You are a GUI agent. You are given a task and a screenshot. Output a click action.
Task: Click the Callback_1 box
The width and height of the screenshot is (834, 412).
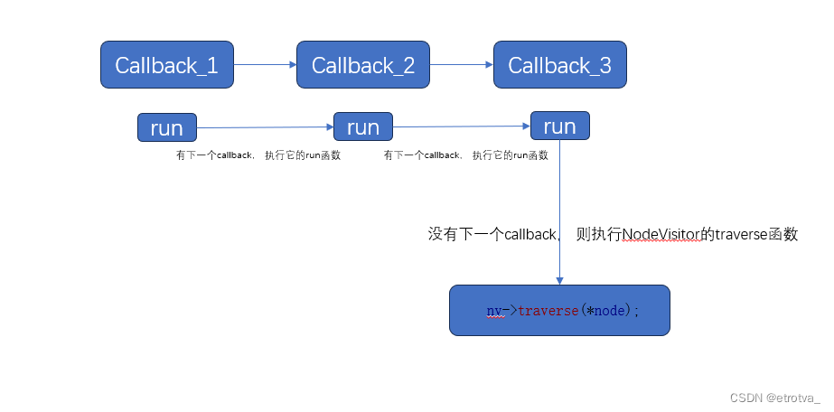click(x=166, y=65)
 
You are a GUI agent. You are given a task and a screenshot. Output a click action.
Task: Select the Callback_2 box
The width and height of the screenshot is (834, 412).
click(x=363, y=65)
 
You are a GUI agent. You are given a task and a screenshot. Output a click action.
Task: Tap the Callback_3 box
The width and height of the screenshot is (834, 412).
click(x=559, y=65)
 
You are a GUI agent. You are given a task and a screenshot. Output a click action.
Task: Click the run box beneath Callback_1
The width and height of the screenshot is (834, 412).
click(x=166, y=127)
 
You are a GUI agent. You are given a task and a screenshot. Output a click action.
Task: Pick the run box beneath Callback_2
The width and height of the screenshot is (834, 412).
click(x=363, y=127)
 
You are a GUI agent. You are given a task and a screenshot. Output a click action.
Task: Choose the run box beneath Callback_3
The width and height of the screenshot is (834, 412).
click(x=559, y=126)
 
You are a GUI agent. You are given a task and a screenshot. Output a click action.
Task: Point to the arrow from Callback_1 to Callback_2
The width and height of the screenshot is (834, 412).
click(x=265, y=65)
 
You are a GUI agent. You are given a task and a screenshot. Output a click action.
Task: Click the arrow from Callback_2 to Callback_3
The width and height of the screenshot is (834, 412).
click(x=461, y=65)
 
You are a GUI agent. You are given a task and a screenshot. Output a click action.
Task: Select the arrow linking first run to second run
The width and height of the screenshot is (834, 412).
click(x=265, y=127)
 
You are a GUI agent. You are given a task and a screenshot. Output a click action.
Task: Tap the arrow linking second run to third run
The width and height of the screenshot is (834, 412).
click(x=461, y=126)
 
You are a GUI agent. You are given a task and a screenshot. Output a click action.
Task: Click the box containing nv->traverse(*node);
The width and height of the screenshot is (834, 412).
click(x=559, y=311)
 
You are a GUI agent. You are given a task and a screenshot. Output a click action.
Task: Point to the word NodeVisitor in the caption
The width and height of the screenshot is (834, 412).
click(x=661, y=234)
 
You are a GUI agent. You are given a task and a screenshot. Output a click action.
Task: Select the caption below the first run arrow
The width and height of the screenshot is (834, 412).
click(x=258, y=155)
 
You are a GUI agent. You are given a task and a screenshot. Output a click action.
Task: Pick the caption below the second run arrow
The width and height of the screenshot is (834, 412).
click(x=466, y=155)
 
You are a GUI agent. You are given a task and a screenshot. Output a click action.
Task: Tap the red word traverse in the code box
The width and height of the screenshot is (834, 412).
click(x=548, y=311)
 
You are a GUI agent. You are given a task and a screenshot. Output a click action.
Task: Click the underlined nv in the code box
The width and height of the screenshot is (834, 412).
click(x=494, y=311)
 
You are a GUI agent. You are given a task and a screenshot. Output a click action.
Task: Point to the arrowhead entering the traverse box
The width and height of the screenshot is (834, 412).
click(x=559, y=281)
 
